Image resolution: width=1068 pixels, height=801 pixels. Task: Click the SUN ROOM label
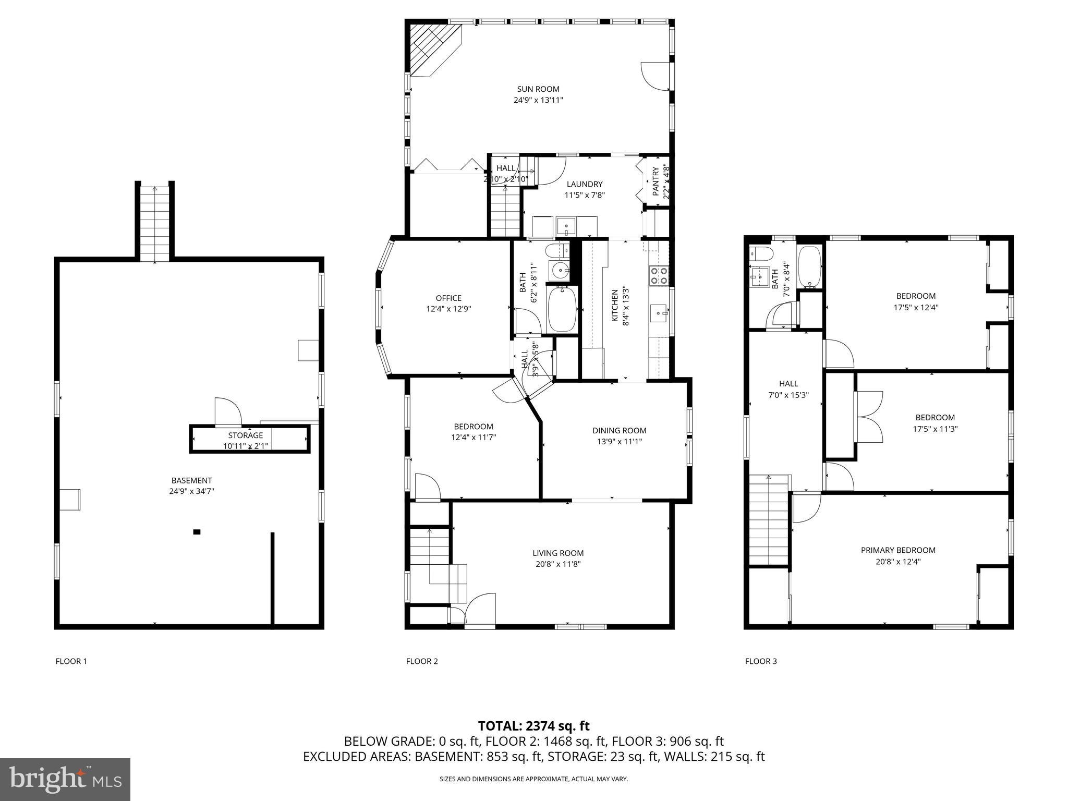point(538,89)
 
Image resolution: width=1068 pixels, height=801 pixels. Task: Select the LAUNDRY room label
point(585,184)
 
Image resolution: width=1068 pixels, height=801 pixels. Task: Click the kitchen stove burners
point(658,275)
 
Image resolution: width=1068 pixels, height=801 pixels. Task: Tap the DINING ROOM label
point(619,431)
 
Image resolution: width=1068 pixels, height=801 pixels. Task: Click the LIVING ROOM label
point(558,553)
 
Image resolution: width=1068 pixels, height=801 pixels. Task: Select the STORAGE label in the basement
point(245,435)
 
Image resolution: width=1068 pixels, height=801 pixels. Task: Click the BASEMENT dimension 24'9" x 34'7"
point(191,491)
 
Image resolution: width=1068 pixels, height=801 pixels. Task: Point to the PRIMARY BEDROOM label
point(898,550)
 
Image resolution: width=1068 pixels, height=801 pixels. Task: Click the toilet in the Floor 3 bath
point(759,254)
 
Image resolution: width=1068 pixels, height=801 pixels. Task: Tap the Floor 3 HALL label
point(788,384)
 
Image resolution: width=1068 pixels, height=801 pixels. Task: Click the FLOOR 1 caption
point(71,661)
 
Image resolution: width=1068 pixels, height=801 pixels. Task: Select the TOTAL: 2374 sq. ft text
point(533,726)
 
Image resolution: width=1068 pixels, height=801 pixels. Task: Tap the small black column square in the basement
point(197,532)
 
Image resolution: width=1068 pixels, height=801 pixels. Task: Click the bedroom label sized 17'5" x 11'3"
point(935,418)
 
